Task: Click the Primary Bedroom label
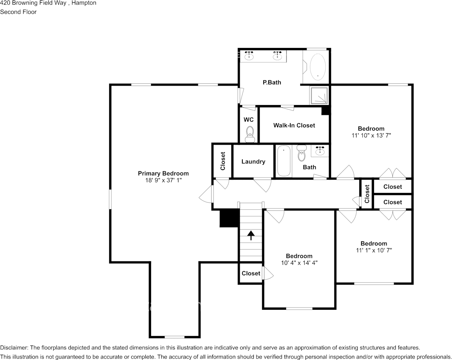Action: pos(163,173)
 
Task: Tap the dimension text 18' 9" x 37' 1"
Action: pos(163,180)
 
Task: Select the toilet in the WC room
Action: pos(250,133)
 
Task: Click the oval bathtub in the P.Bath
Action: pos(318,66)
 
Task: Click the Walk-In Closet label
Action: pos(294,125)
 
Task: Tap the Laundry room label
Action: pos(253,161)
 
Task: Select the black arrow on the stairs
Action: pos(251,235)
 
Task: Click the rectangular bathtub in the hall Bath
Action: pos(283,161)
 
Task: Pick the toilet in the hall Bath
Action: pos(302,154)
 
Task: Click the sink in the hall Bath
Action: pos(320,151)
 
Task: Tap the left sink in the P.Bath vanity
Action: pos(249,56)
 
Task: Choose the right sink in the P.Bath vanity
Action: pos(277,56)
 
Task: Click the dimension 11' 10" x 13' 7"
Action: pos(371,135)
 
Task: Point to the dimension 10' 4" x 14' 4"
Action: pos(299,263)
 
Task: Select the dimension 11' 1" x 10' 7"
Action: pos(374,250)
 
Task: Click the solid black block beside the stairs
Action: pos(229,218)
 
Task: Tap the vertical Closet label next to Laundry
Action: pos(223,161)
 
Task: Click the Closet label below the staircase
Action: pos(251,273)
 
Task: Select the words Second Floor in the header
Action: pos(18,12)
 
